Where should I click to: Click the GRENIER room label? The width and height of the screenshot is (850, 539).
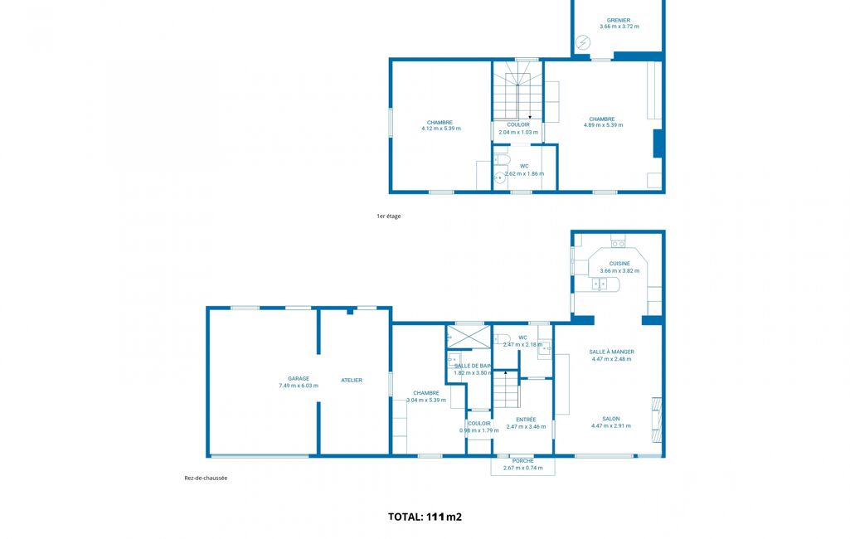[x=619, y=20]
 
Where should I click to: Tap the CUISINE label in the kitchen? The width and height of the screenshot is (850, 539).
[x=619, y=264]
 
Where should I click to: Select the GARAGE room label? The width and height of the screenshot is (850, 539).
[x=299, y=378]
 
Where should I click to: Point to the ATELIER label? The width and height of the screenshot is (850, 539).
[x=352, y=380]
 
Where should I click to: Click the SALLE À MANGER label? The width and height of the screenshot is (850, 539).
[x=611, y=352]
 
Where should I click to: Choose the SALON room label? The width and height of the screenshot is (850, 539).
[x=611, y=419]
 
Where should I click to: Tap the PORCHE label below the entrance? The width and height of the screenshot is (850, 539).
[x=522, y=461]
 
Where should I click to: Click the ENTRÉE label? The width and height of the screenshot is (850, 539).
[x=526, y=420]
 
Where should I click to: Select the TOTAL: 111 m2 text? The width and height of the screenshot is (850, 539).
[x=425, y=517]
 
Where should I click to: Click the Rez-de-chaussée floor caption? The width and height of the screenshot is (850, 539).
[x=206, y=478]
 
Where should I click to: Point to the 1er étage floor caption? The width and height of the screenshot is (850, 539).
[x=389, y=216]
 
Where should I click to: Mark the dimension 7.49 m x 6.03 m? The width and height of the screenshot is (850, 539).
[x=299, y=386]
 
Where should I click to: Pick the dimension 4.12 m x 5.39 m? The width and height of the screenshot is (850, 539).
[x=441, y=129]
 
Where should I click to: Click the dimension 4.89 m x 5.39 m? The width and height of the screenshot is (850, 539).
[x=604, y=125]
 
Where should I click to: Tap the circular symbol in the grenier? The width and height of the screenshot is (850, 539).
[x=583, y=42]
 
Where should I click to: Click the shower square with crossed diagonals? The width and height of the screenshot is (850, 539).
[x=469, y=337]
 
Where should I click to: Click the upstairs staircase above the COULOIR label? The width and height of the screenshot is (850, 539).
[x=517, y=96]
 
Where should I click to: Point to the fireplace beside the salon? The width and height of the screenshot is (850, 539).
[x=657, y=420]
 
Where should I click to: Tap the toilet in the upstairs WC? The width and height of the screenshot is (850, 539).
[x=503, y=160]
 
